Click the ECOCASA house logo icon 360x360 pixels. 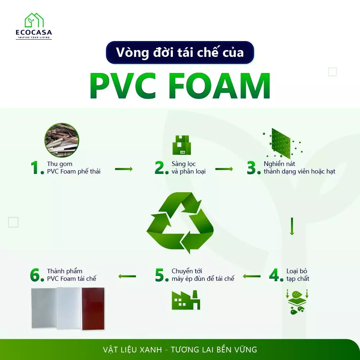34,20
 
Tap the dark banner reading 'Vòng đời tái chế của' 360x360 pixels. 180,52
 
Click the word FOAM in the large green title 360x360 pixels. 221,86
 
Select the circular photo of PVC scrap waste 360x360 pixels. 62,140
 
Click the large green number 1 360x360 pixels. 35,167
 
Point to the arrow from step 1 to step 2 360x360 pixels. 124,169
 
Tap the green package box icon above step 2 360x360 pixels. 181,145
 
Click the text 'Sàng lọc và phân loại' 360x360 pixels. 188,167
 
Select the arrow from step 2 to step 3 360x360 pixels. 224,169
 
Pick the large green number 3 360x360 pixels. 251,167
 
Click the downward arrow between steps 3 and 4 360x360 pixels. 292,226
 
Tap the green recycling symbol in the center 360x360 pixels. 180,223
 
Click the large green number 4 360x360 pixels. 274,275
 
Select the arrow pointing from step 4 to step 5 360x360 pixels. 252,276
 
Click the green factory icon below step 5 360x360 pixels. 186,300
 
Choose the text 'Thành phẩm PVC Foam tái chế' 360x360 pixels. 71,275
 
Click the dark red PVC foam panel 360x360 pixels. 93,309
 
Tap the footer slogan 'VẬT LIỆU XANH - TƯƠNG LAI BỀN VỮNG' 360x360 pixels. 180,350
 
